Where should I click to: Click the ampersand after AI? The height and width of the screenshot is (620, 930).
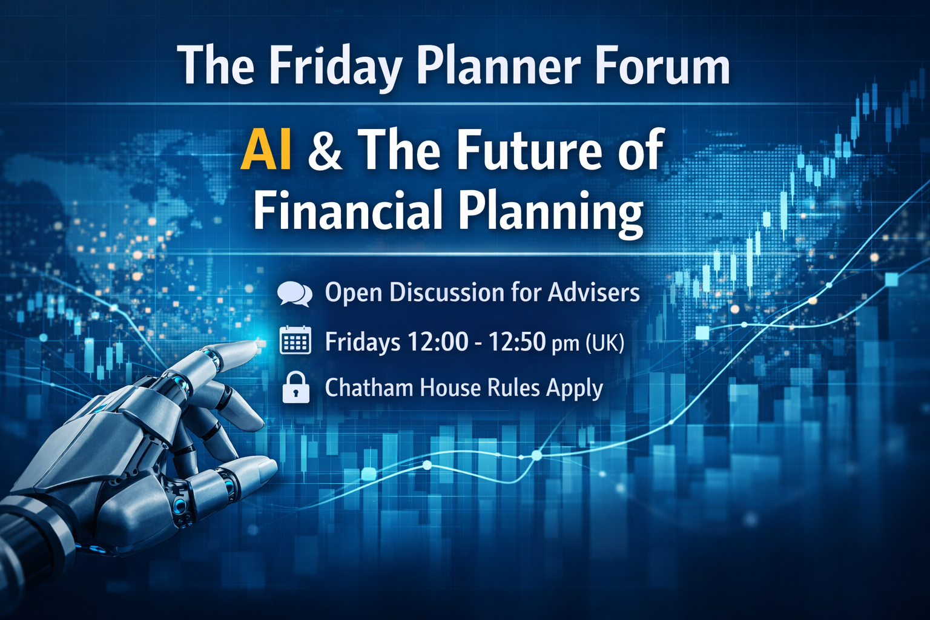(x=325, y=150)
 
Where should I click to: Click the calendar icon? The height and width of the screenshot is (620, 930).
(x=295, y=340)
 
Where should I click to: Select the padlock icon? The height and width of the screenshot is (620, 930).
(x=296, y=387)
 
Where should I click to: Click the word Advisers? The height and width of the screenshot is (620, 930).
(x=593, y=292)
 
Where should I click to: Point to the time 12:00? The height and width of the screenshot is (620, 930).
(x=438, y=341)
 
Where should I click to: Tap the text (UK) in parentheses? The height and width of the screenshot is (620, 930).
(x=604, y=343)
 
